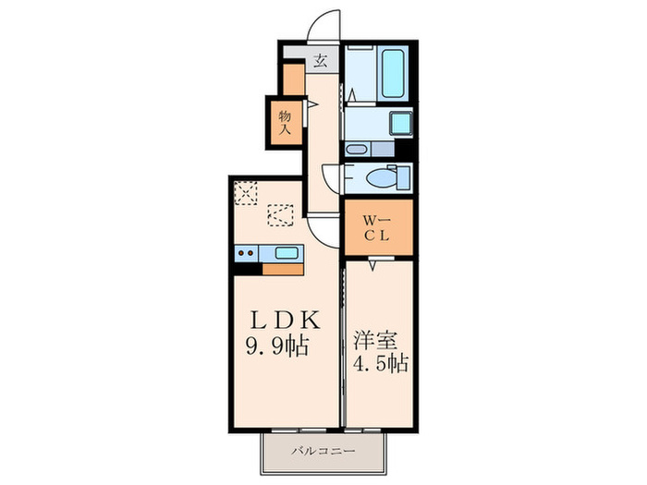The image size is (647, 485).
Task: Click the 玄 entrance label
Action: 320,62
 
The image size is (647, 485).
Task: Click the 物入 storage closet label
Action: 286,121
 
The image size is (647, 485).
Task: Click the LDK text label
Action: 287,321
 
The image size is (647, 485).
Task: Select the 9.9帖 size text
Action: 279,348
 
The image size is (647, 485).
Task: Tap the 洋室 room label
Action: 368,339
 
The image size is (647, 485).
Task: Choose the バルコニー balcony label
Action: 321,452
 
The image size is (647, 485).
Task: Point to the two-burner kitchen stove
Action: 246,253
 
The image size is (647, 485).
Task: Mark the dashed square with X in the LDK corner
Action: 245,191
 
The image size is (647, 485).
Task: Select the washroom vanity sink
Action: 357,149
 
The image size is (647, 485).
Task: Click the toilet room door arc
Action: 332,176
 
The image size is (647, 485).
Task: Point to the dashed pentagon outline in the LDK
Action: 279,215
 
